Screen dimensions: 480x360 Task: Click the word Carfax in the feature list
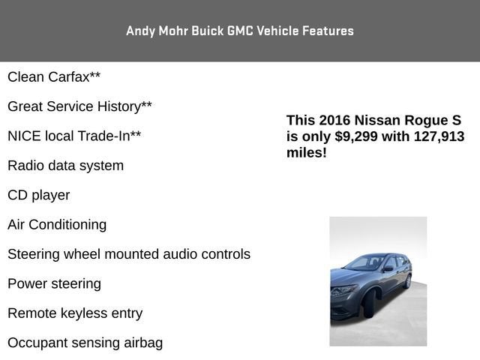pos(69,76)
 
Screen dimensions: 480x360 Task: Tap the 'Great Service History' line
pos(79,106)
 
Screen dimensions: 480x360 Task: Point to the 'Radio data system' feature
pos(66,166)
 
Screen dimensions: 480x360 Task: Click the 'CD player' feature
pos(39,195)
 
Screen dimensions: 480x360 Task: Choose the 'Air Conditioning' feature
pos(57,225)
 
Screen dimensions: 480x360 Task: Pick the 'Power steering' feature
pos(55,284)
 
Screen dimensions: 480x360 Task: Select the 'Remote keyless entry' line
pos(75,313)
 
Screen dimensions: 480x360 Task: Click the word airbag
pos(143,343)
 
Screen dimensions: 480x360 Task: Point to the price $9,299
pos(356,136)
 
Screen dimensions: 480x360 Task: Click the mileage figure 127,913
pos(439,136)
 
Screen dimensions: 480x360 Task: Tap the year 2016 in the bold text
pos(334,120)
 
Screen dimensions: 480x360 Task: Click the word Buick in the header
pos(208,31)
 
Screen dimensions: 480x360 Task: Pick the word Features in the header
pos(328,31)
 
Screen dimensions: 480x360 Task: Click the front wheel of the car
pos(369,304)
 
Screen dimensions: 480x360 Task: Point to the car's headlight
pos(343,289)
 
